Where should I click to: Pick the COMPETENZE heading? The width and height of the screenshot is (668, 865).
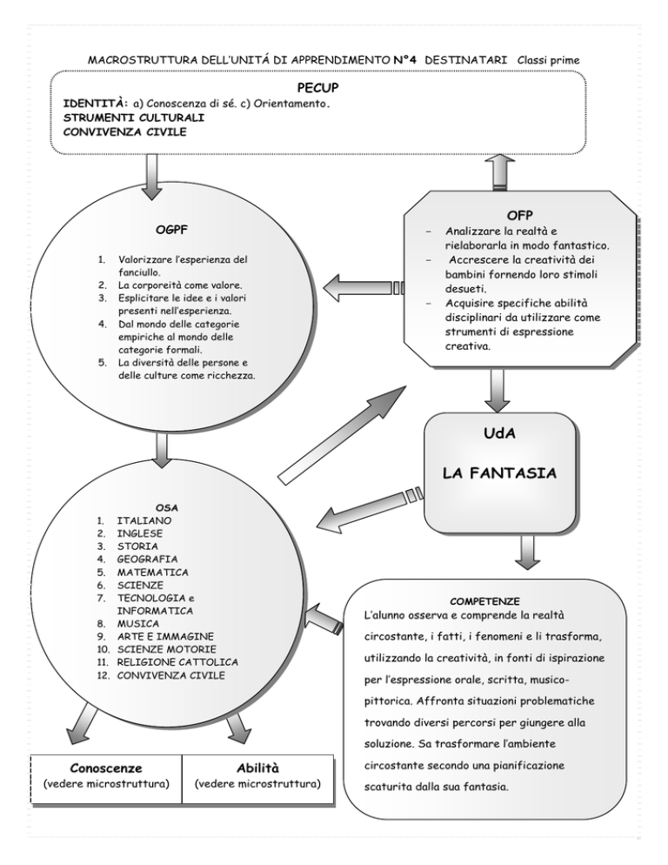pos(486,601)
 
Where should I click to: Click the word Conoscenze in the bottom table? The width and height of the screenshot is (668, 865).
pos(105,768)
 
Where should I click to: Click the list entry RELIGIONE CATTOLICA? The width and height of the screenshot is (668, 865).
pos(177,662)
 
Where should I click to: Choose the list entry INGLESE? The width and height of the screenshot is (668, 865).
pos(139,533)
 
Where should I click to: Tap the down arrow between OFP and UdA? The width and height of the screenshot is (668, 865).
pos(498,389)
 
